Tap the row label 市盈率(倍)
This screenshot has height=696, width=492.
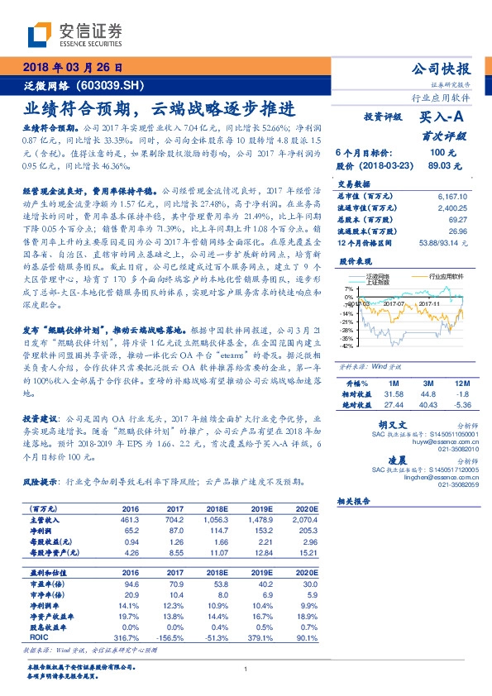[47, 583]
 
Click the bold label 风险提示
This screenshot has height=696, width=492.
[42, 480]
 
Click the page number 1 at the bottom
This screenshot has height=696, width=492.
[246, 669]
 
